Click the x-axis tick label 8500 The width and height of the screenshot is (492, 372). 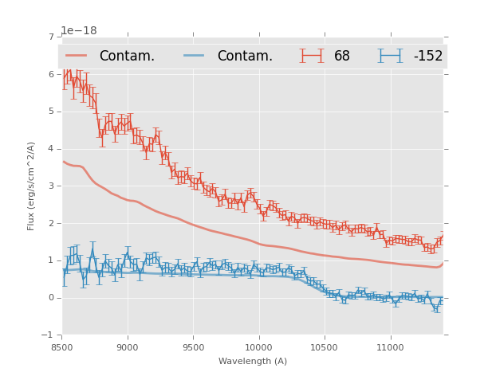coord(61,347)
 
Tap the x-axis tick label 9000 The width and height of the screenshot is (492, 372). coord(128,347)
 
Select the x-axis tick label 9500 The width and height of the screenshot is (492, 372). coord(193,347)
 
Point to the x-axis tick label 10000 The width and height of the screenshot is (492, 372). coord(259,347)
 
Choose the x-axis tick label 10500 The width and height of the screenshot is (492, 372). coord(325,347)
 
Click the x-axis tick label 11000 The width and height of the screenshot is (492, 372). coord(391,347)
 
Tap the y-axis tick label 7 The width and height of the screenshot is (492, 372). coord(51,37)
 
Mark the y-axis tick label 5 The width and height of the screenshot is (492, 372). coord(51,112)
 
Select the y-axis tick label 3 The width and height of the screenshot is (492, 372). coord(51,186)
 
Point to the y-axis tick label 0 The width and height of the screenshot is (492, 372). coord(51,298)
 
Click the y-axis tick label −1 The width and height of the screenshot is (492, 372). coord(49,335)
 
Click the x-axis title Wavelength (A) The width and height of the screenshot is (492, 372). coord(252,362)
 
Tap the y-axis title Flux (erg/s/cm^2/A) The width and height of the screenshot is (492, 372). coord(32,186)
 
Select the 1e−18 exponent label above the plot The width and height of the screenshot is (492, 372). coord(79,31)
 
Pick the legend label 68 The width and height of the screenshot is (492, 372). coord(341,57)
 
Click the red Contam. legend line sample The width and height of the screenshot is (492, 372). coord(77,56)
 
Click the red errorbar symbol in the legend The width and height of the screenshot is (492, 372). coord(312,56)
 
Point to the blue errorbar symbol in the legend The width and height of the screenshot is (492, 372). coord(391,56)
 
